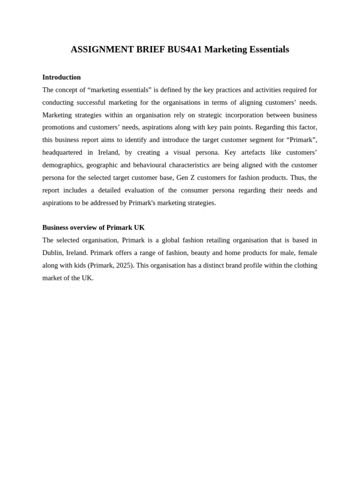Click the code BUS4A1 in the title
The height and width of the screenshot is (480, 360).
pos(184,50)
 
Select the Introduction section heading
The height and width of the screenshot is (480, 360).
pos(61,77)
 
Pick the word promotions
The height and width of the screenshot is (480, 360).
pos(58,127)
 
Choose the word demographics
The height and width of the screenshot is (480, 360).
pos(62,165)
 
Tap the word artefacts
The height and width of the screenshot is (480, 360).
pos(252,153)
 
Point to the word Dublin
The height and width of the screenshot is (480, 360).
pos(52,253)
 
